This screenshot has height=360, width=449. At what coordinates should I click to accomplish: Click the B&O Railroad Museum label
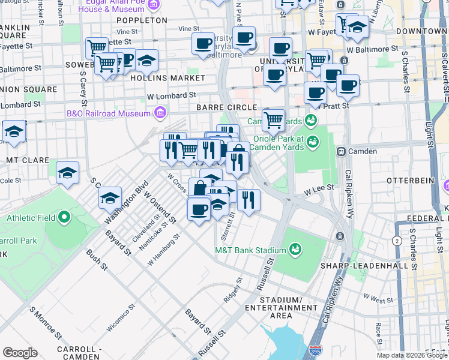click(116, 113)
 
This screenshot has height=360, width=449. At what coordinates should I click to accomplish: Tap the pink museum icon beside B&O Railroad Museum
click(160, 113)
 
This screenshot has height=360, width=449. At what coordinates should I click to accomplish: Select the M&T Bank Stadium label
click(251, 250)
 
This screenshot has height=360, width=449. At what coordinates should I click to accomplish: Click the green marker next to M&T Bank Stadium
click(295, 248)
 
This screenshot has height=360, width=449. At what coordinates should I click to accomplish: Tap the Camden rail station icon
click(342, 151)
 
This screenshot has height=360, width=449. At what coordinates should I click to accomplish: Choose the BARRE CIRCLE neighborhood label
click(218, 107)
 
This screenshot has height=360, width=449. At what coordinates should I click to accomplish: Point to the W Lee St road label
click(318, 189)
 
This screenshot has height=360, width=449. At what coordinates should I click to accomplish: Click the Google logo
click(20, 353)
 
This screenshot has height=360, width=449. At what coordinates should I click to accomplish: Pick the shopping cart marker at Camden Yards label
click(274, 119)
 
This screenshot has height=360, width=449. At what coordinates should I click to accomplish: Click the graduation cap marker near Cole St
click(68, 173)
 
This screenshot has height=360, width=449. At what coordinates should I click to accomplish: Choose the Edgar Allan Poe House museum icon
click(154, 5)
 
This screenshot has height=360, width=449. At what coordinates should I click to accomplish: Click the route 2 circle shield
click(396, 241)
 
